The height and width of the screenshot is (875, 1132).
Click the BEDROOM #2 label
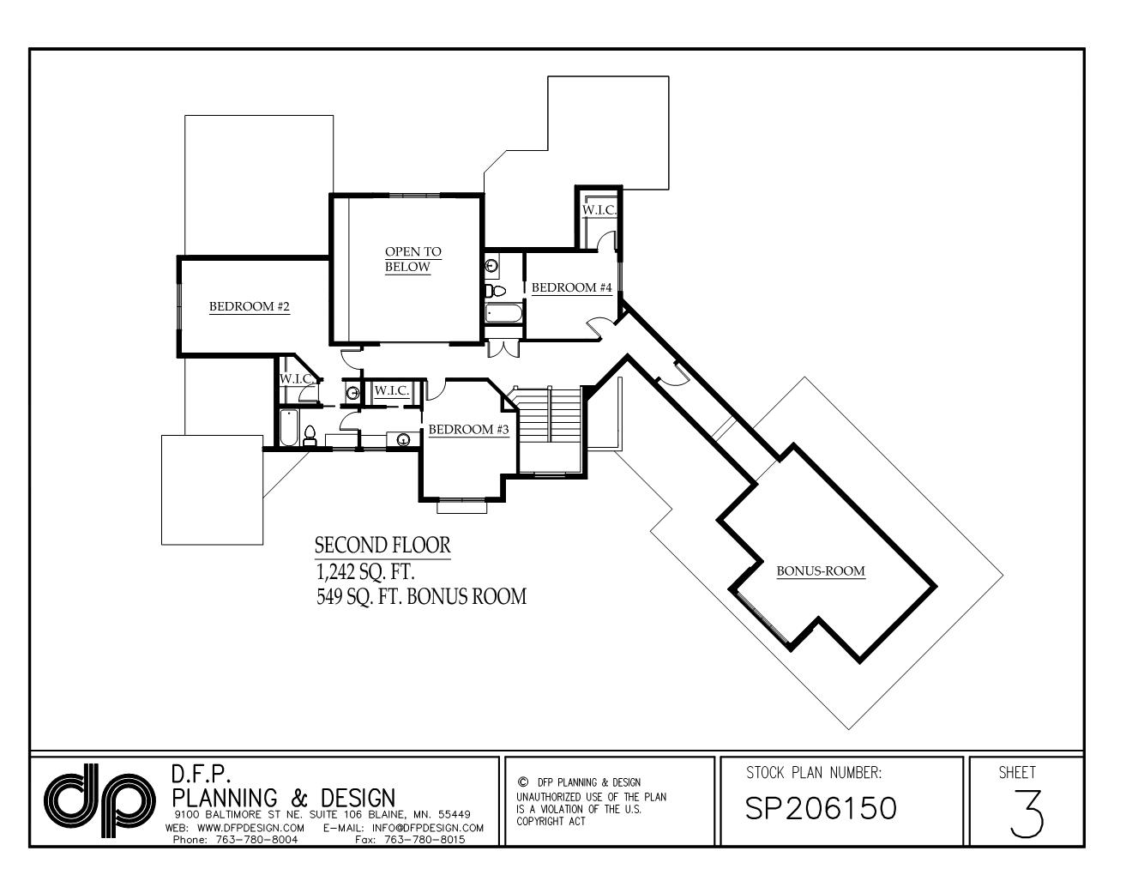pyautogui.click(x=250, y=307)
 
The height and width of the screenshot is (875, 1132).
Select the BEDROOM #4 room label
pyautogui.click(x=571, y=288)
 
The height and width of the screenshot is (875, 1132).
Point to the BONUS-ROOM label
pyautogui.click(x=821, y=571)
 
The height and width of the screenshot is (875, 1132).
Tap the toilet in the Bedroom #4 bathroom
pyautogui.click(x=490, y=290)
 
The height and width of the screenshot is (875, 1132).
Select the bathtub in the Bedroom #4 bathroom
pyautogui.click(x=503, y=314)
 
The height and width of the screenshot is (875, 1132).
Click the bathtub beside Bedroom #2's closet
pyautogui.click(x=288, y=427)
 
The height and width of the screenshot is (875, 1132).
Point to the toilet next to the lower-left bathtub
pyautogui.click(x=310, y=437)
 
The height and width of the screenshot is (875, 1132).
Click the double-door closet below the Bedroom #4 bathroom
pyautogui.click(x=503, y=348)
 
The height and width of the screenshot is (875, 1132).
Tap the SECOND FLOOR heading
pyautogui.click(x=382, y=546)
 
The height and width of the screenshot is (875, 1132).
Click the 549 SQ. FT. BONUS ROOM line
pyautogui.click(x=421, y=596)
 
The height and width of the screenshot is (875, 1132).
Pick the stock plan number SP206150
pyautogui.click(x=821, y=808)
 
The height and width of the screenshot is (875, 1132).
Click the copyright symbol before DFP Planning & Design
pyautogui.click(x=522, y=782)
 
